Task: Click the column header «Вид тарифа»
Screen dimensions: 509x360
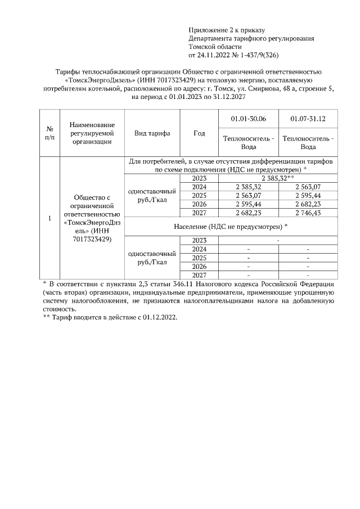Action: point(152,133)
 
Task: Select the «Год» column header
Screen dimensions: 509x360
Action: point(199,133)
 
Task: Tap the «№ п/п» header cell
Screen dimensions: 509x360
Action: point(49,133)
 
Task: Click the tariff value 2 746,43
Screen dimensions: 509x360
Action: point(308,213)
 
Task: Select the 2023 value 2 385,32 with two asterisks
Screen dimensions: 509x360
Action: point(278,178)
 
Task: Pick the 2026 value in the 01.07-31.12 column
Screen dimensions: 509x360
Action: point(308,204)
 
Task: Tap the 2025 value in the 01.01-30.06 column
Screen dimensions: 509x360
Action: point(248,196)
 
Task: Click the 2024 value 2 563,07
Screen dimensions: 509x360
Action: point(308,187)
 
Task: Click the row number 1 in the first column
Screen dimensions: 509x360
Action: point(49,218)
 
